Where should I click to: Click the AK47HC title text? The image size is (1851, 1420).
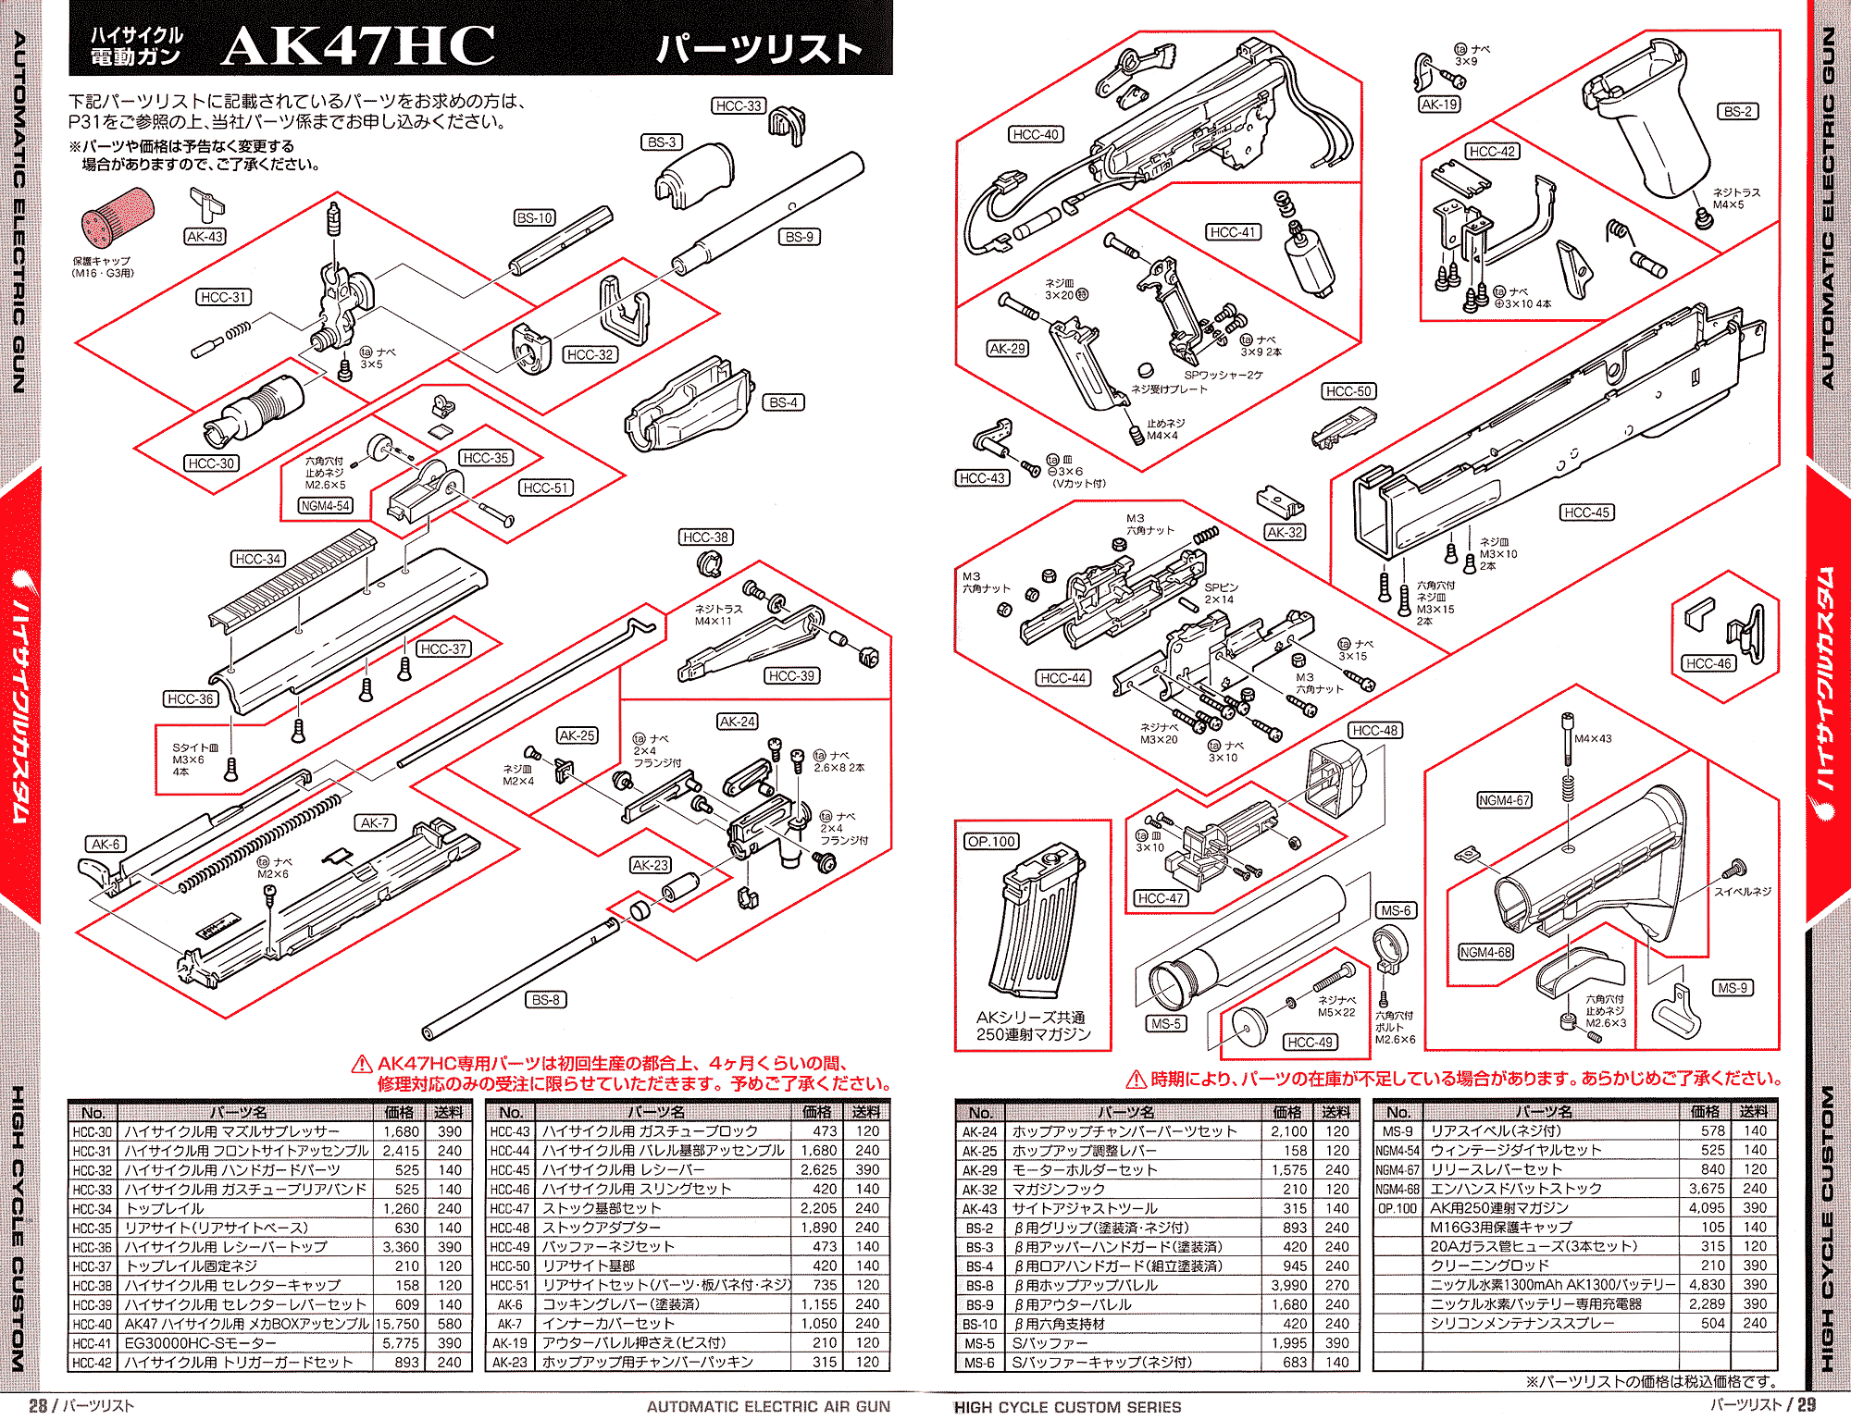[x=358, y=45]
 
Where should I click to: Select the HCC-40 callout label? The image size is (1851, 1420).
[x=1035, y=134]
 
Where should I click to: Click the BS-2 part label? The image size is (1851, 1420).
[x=1737, y=111]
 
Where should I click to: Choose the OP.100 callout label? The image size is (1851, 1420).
[x=991, y=841]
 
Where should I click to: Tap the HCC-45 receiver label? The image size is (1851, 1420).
[x=1586, y=512]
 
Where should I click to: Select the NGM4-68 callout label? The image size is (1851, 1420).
[x=1485, y=952]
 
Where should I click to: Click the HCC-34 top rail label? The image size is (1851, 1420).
[x=257, y=559]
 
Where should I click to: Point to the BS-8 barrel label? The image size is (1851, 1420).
[x=545, y=999]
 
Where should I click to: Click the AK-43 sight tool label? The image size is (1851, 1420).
[x=205, y=237]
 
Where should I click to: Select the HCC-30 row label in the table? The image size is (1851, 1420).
[x=92, y=1131]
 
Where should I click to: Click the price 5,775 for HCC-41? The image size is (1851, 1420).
[x=401, y=1343]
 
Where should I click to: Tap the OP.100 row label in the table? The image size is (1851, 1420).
[x=1398, y=1208]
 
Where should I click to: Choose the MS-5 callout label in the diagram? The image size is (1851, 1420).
[x=1165, y=1023]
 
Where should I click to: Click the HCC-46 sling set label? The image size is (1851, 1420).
[x=1708, y=663]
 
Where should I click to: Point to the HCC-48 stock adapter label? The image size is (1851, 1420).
[x=1374, y=730]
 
